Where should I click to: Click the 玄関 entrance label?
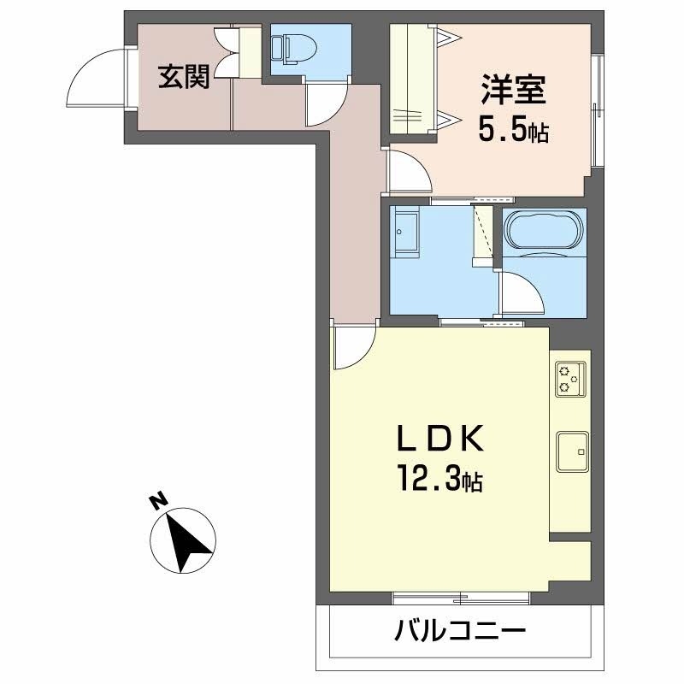pos(183,79)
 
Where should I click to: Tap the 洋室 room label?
pos(514,91)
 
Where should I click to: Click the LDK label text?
pos(441,440)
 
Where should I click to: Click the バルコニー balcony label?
pos(459,634)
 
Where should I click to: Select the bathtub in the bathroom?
pos(545,232)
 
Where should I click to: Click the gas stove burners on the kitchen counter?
pos(570,379)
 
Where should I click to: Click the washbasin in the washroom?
pos(405,233)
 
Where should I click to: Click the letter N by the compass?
pos(156,502)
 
